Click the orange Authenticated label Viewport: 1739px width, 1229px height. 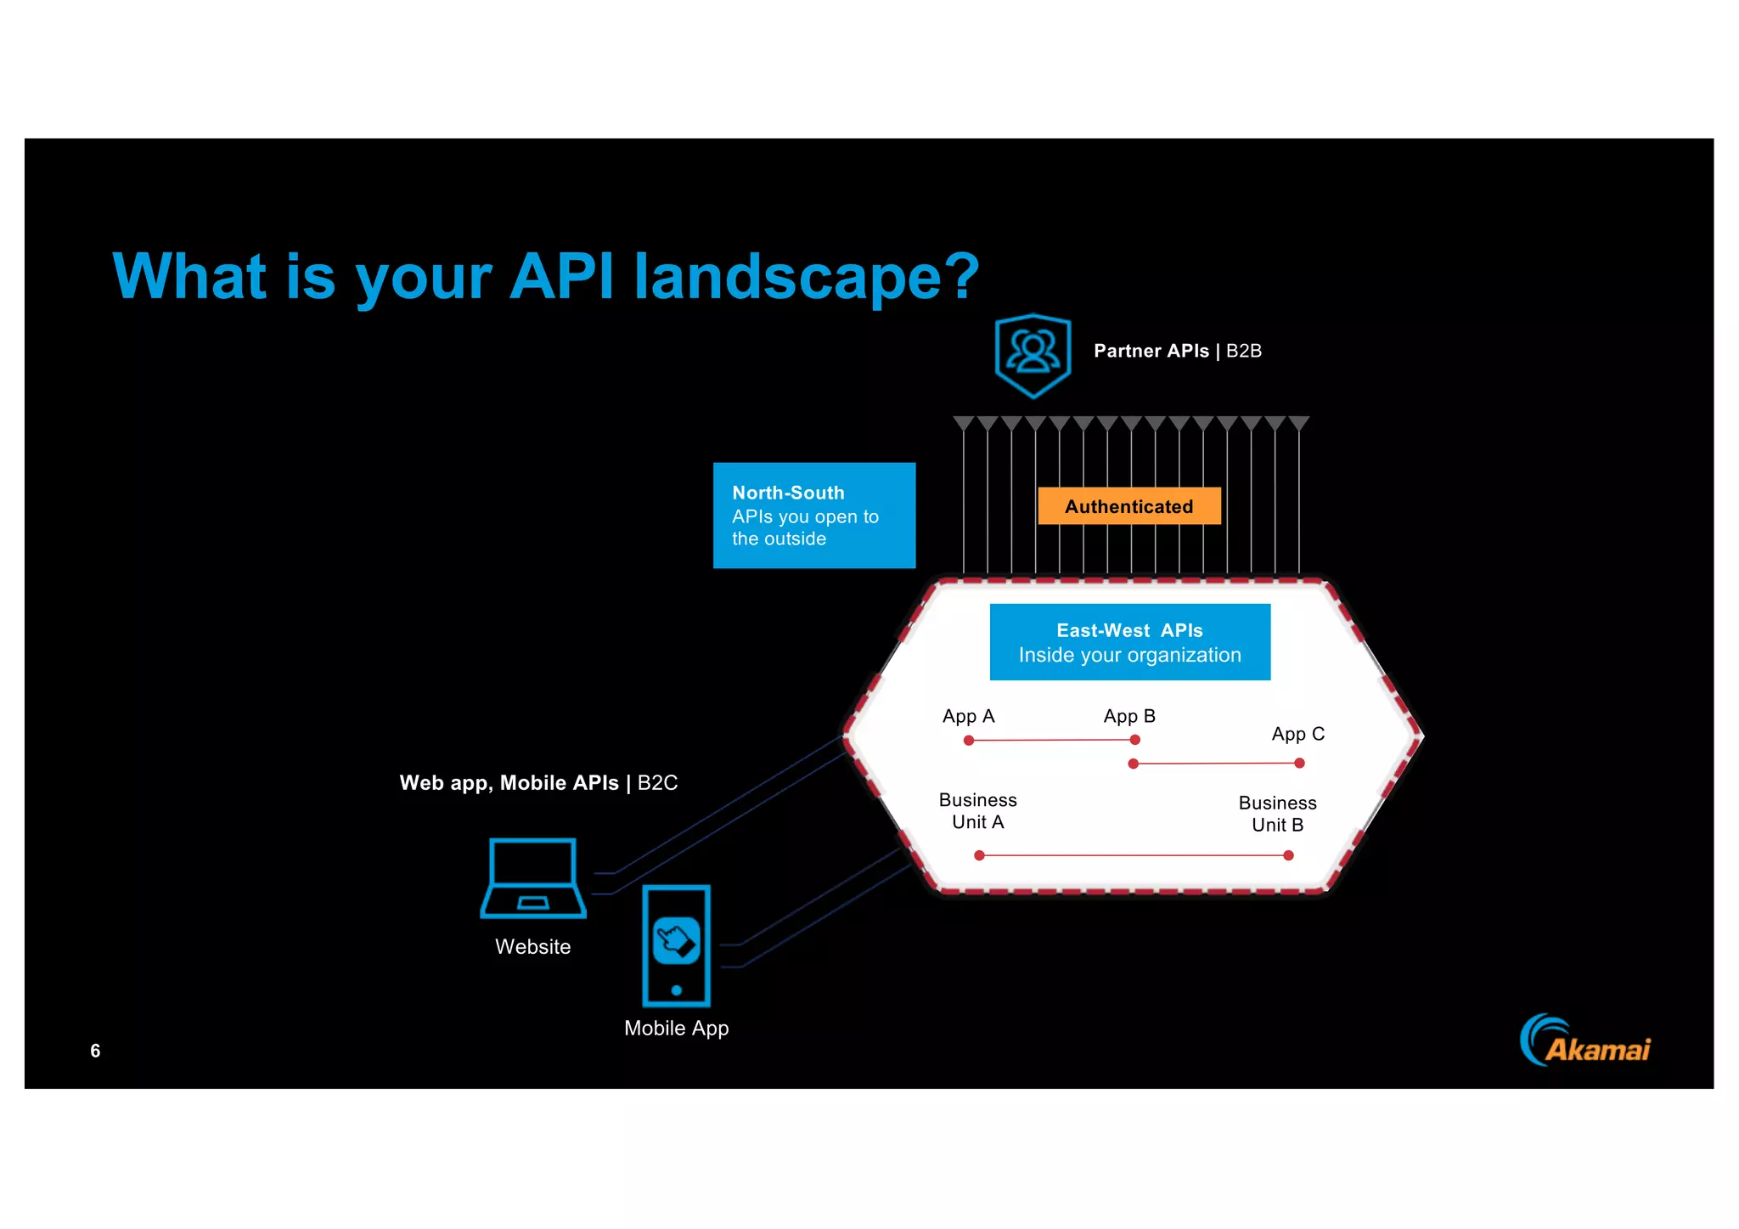[x=1128, y=506]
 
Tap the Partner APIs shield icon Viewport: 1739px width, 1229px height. [x=1033, y=354]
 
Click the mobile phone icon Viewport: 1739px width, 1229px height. [x=676, y=945]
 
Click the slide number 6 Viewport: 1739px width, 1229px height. [x=95, y=1051]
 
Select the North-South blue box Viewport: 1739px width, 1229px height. [x=813, y=516]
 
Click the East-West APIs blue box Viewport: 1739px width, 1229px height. [x=1129, y=642]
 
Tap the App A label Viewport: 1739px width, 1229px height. [x=968, y=716]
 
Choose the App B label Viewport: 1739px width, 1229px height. [x=1129, y=716]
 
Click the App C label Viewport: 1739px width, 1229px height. [x=1297, y=734]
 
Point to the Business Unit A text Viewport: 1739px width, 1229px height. [x=977, y=811]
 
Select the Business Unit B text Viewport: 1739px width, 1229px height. [x=1277, y=814]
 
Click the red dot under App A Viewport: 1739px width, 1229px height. [x=969, y=741]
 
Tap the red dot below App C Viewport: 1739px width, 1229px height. [x=1299, y=764]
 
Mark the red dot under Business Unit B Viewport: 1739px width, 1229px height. [x=1288, y=855]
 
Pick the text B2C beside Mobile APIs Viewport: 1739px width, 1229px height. [x=657, y=783]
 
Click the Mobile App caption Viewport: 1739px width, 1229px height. [x=676, y=1028]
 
